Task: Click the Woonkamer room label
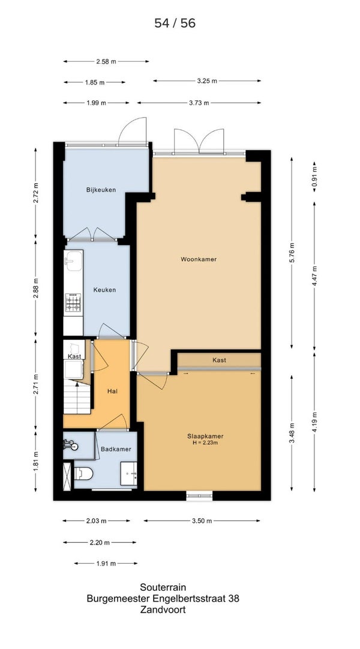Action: [199, 259]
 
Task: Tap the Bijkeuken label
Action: [101, 190]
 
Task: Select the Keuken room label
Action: [104, 290]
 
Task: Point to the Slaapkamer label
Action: [205, 436]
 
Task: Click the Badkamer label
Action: [116, 449]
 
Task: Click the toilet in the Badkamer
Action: [83, 474]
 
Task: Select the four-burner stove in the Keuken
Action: [73, 302]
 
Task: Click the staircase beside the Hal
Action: [77, 397]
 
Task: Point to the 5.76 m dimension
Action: [292, 253]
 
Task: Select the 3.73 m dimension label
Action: [199, 103]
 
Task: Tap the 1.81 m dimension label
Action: [35, 462]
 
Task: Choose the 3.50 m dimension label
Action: [202, 521]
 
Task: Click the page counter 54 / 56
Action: [175, 23]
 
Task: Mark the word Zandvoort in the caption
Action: [163, 609]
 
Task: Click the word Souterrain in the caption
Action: [163, 587]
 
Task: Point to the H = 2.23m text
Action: [205, 443]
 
